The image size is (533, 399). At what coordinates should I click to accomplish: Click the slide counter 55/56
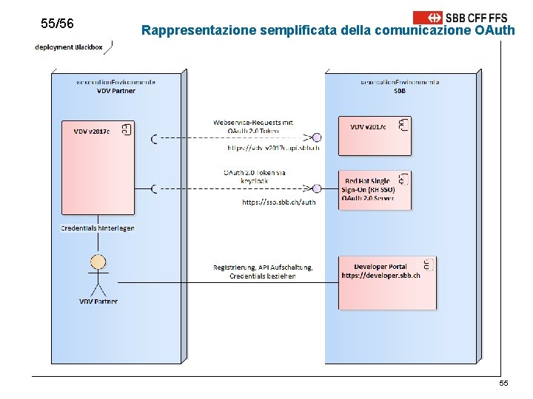tap(58, 24)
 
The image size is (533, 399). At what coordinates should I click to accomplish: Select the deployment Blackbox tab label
tap(68, 47)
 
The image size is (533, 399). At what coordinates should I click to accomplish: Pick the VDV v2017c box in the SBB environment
tap(374, 135)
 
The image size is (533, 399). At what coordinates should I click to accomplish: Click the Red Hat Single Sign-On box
tap(375, 190)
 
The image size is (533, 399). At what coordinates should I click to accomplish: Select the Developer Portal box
tap(387, 282)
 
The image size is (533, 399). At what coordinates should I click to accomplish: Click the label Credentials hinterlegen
tap(98, 228)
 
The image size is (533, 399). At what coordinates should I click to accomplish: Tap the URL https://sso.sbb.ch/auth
tap(279, 202)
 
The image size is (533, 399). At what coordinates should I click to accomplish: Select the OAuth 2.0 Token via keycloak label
tap(255, 177)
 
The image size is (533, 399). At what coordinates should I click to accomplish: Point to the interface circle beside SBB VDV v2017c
tap(317, 137)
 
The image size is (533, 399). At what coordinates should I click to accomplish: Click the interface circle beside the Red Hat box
tap(317, 189)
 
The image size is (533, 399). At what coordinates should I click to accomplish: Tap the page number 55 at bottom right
tap(503, 383)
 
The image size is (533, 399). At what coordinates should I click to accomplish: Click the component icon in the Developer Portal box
tap(428, 265)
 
